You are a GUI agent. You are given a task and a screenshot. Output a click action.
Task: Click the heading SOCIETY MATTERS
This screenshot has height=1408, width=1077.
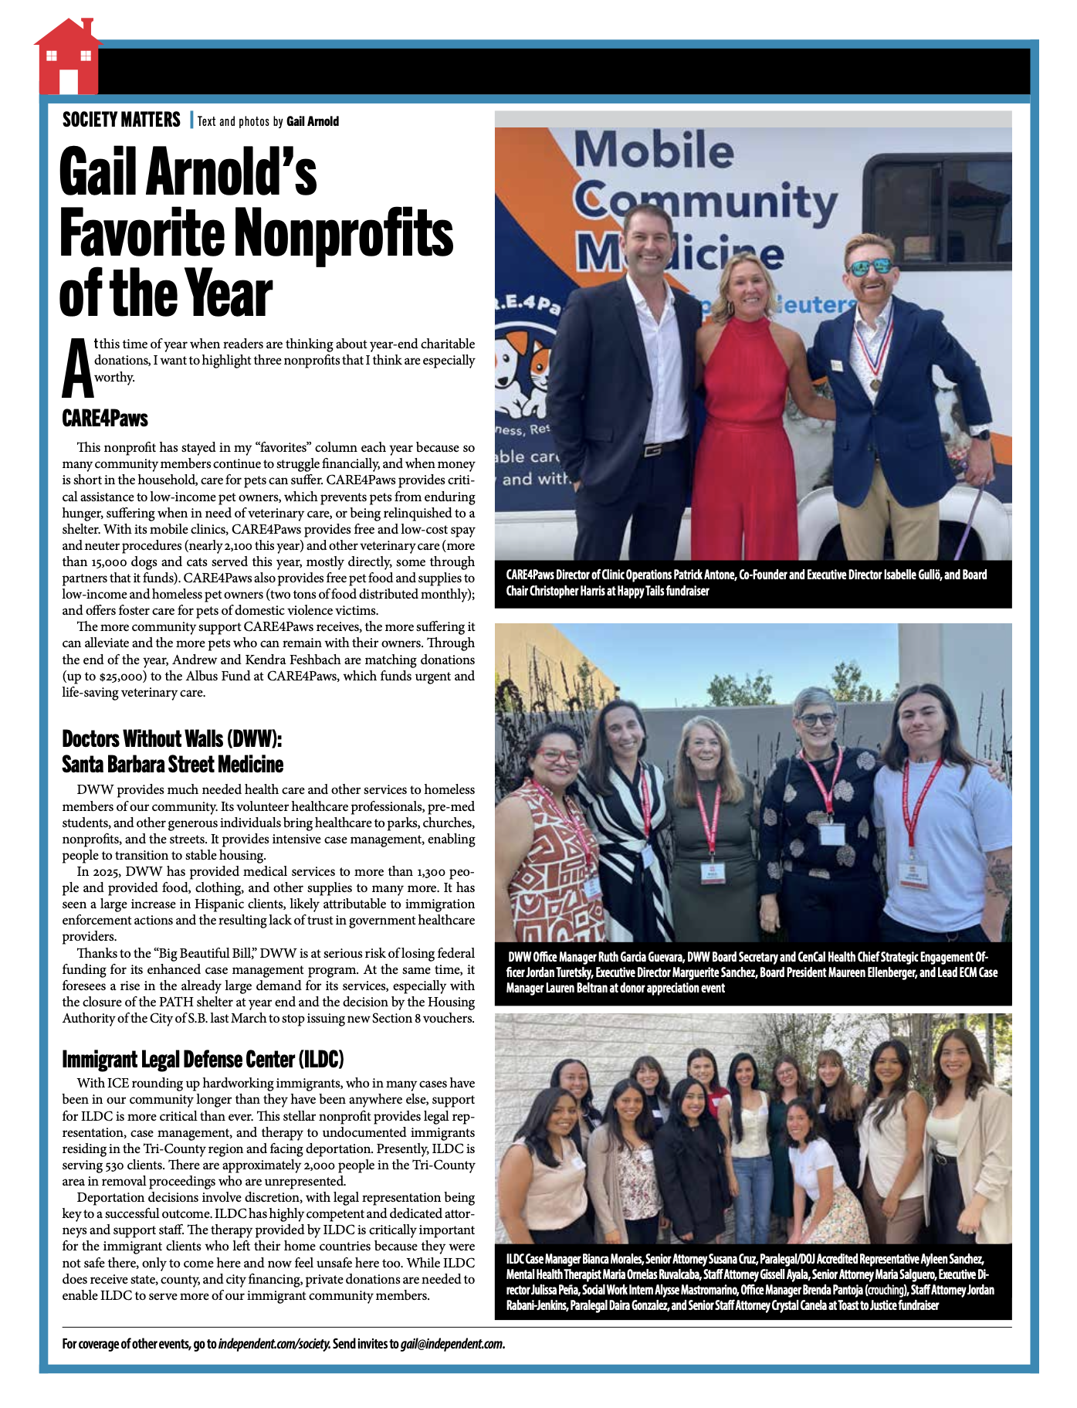121,120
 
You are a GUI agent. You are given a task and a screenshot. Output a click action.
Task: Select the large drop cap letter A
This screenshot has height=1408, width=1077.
77,368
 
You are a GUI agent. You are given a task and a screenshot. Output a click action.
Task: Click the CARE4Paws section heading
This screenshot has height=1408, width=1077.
105,419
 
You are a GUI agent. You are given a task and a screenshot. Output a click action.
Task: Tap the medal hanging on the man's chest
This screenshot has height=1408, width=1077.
875,383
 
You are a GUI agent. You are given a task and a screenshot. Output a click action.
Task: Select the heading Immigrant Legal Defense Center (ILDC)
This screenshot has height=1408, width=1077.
203,1059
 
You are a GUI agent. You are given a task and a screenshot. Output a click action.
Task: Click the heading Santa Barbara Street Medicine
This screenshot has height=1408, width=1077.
173,765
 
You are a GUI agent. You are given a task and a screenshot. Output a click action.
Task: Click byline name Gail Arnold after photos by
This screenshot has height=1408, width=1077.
313,121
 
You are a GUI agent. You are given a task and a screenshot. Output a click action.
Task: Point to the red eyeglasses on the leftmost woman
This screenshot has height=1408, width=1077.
558,755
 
